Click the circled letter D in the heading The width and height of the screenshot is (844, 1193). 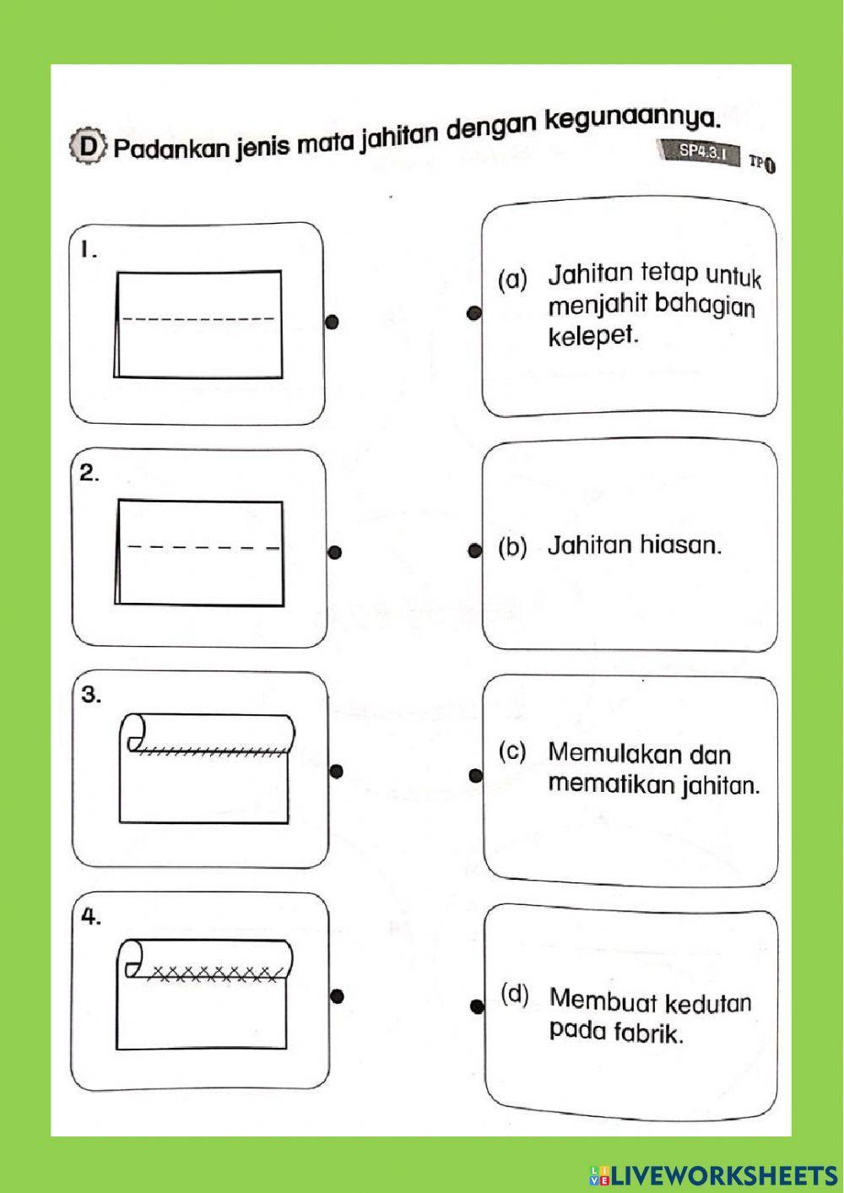point(88,147)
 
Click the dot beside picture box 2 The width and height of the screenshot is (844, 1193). point(334,553)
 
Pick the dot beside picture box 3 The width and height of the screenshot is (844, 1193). point(336,771)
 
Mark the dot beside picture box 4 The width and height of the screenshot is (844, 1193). point(337,995)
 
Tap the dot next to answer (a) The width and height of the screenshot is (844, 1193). point(474,313)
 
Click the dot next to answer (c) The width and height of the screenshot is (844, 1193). point(476,775)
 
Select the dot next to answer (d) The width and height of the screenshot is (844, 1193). point(477,1006)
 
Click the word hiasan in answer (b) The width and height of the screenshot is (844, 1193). point(680,545)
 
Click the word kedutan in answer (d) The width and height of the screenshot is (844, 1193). point(708,1004)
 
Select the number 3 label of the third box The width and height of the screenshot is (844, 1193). point(90,695)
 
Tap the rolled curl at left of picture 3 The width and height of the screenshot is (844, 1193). point(135,731)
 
